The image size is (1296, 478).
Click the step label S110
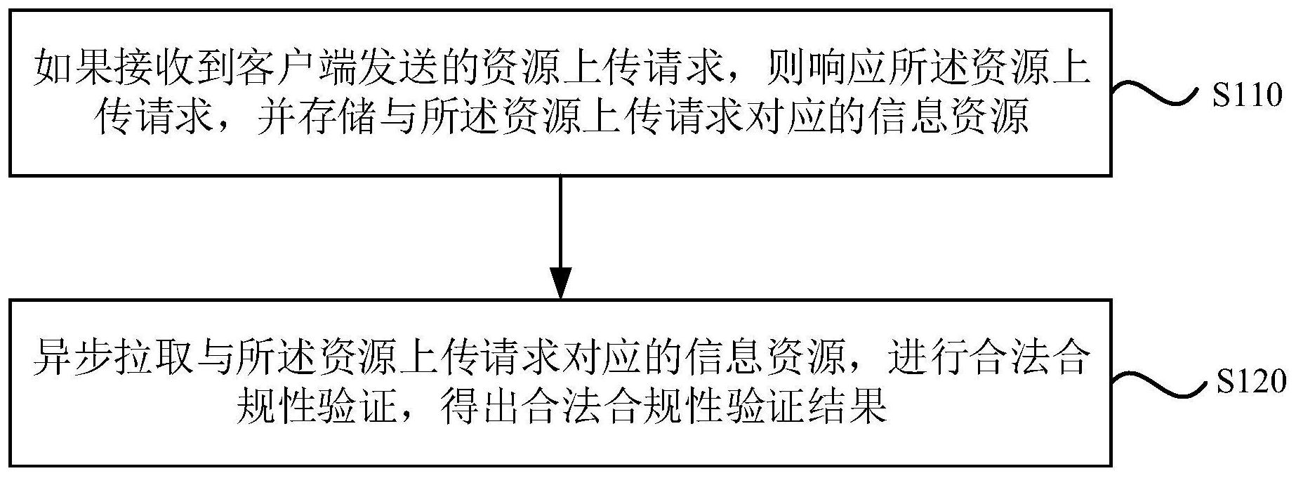click(x=1245, y=96)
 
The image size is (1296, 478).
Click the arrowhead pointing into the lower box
click(x=560, y=284)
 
